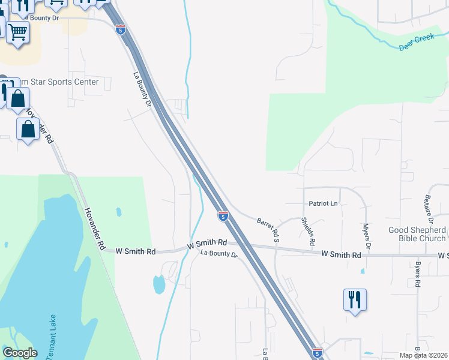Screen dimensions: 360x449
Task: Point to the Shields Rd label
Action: point(309,232)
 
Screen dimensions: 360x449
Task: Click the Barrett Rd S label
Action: point(268,230)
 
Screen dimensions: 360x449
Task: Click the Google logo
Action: point(19,353)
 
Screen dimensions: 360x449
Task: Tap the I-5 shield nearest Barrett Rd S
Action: point(223,215)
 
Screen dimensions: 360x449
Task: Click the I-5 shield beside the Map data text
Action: point(317,353)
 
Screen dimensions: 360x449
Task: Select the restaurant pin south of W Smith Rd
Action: point(355,299)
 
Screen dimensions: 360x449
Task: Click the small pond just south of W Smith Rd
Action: point(159,284)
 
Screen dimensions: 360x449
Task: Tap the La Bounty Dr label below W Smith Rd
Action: point(219,254)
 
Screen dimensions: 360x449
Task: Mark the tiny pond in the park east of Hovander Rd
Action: point(118,212)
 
